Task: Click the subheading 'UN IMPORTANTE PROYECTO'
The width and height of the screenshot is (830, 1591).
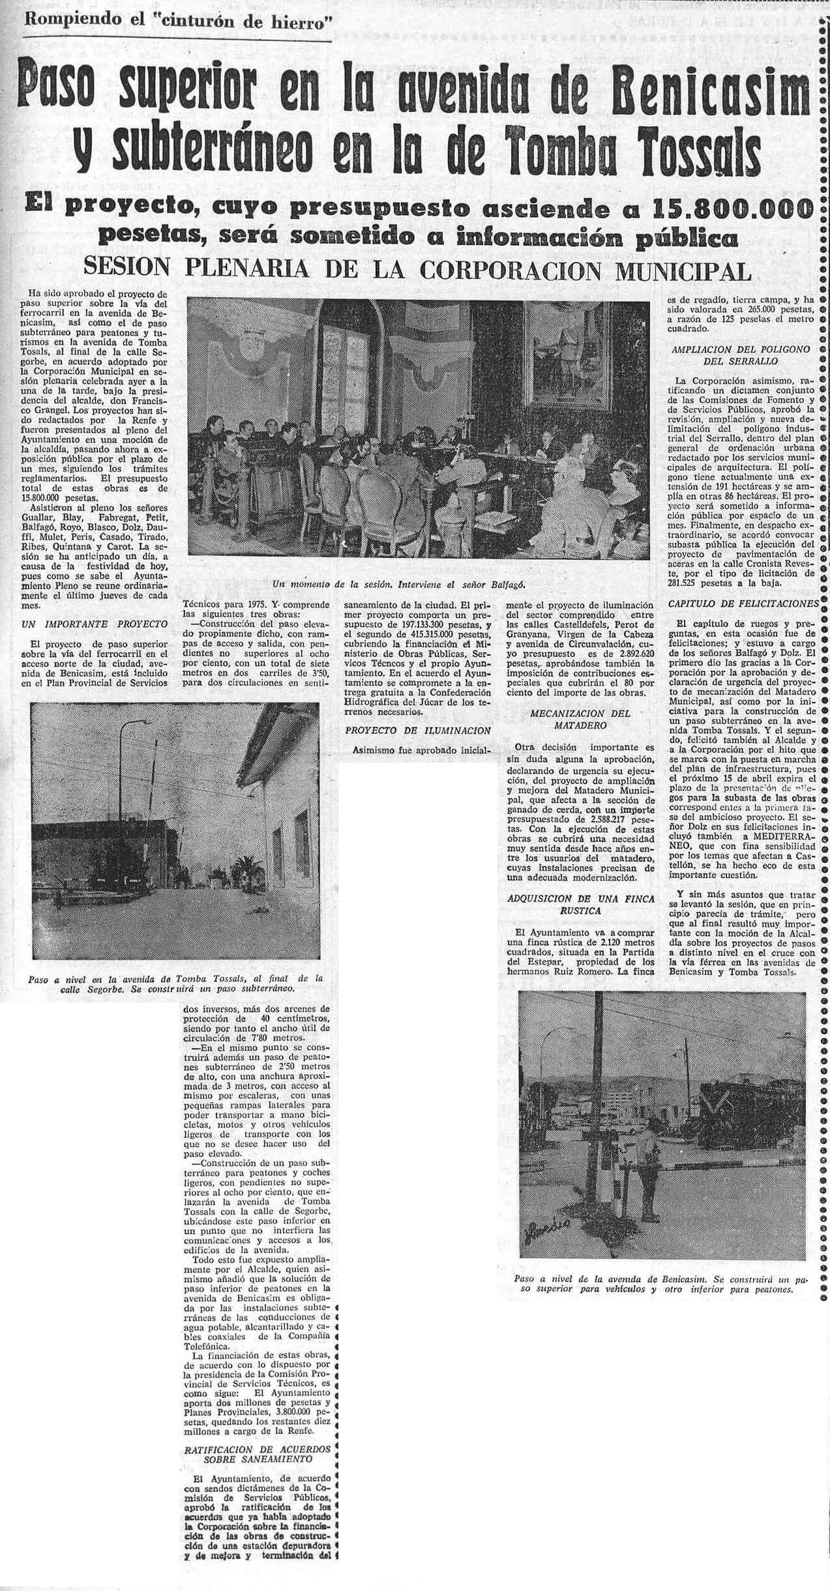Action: click(94, 624)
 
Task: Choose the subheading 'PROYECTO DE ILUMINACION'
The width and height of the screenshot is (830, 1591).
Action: click(418, 730)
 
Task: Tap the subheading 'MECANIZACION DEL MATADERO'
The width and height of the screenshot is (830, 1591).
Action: click(580, 719)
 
